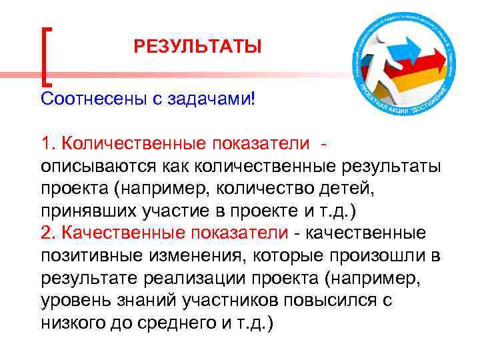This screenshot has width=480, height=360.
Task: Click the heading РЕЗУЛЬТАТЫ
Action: (198, 47)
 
